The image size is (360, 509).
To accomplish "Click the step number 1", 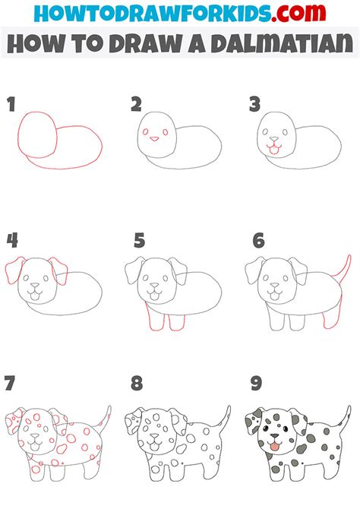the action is click(11, 105).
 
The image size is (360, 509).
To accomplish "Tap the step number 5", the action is click(139, 241).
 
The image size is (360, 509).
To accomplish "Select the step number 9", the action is click(256, 383).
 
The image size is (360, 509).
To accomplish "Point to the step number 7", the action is click(10, 383).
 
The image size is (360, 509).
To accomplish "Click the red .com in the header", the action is click(298, 13).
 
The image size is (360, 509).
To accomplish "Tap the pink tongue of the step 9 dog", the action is click(275, 447).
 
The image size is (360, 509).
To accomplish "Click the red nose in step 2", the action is click(154, 139).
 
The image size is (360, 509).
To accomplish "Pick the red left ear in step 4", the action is click(14, 270).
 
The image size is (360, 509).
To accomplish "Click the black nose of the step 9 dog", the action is click(275, 435).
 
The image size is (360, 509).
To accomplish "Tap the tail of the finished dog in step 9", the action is click(344, 418).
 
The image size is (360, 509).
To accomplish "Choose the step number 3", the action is click(255, 105).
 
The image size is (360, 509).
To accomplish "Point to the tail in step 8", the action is click(224, 419).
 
